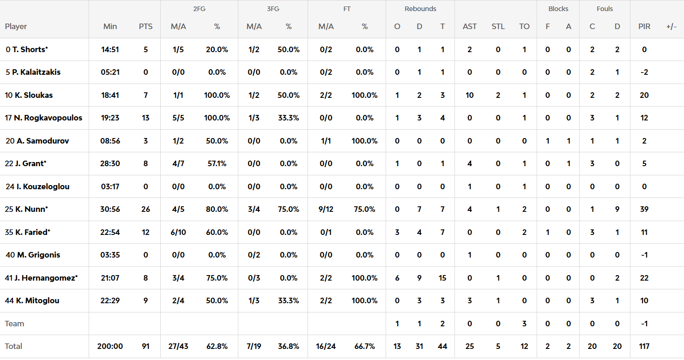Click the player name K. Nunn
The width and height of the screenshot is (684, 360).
(32, 209)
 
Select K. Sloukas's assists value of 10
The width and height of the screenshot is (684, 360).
(469, 95)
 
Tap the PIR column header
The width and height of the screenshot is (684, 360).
(644, 26)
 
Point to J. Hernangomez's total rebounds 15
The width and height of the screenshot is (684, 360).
(442, 278)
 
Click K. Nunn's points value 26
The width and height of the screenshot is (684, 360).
(145, 209)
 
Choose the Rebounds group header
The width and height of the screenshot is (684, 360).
(420, 9)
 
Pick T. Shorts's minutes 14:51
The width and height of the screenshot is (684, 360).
(110, 49)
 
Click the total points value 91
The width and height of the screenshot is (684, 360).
(145, 346)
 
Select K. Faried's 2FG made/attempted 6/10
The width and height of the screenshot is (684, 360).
(178, 232)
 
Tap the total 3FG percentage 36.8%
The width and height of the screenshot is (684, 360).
(288, 346)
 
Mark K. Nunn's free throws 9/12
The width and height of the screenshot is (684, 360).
(326, 209)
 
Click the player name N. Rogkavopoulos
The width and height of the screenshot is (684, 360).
(48, 118)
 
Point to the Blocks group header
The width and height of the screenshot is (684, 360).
(558, 9)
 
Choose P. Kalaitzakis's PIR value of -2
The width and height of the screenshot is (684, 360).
(644, 72)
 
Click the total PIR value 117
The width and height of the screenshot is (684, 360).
(644, 346)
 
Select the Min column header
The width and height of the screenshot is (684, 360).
(110, 26)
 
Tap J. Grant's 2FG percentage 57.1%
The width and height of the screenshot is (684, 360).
(217, 163)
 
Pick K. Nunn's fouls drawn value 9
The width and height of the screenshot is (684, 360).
(617, 209)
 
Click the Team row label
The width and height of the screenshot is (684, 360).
(14, 324)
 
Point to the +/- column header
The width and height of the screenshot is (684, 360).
(672, 26)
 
